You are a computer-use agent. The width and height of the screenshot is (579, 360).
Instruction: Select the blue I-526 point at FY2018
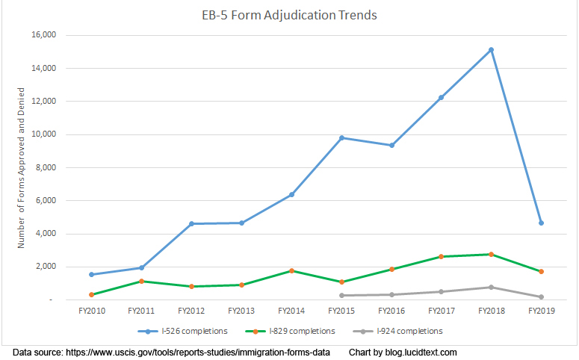pyautogui.click(x=491, y=50)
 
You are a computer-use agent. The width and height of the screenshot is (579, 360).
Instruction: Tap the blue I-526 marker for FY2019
pyautogui.click(x=541, y=223)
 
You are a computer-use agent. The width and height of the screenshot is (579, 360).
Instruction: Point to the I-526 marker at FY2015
pyautogui.click(x=341, y=137)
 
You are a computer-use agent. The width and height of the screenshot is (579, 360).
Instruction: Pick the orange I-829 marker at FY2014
pyautogui.click(x=291, y=270)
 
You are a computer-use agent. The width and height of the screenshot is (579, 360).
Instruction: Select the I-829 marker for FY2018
pyautogui.click(x=491, y=254)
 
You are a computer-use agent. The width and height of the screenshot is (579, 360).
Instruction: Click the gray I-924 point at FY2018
pyautogui.click(x=491, y=287)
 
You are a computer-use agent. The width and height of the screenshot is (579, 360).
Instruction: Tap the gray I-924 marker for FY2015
pyautogui.click(x=341, y=295)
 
